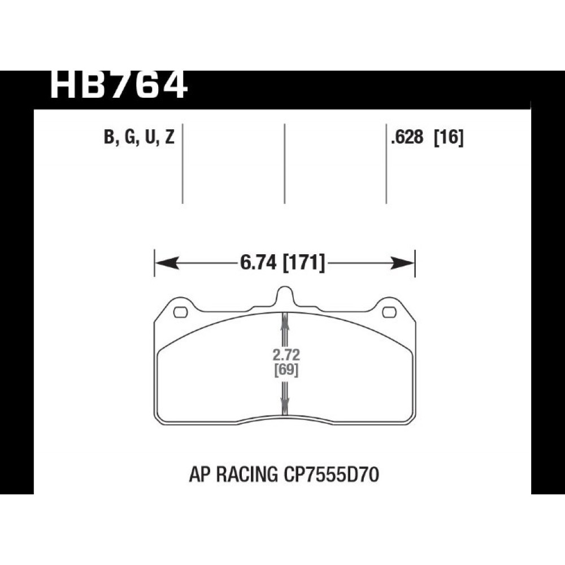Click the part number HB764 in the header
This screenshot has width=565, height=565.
click(119, 85)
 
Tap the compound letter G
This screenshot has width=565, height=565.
click(129, 137)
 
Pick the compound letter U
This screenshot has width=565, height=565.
click(149, 137)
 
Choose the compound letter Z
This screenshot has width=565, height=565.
click(169, 137)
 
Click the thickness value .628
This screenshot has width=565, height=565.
click(407, 137)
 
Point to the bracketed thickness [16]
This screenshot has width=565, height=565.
click(448, 137)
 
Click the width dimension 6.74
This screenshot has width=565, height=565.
click(258, 262)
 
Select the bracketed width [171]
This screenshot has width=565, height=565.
click(304, 262)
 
